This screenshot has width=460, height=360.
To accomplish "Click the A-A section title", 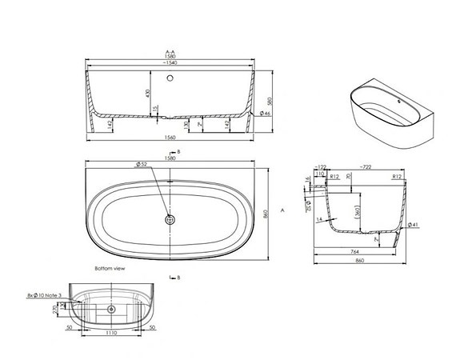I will [171, 50].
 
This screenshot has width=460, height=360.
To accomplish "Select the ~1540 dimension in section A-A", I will [171, 62].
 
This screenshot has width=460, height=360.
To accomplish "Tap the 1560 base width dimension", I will [171, 138].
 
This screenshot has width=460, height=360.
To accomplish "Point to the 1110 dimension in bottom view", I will [110, 338].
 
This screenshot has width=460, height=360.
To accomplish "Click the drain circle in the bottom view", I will [110, 308].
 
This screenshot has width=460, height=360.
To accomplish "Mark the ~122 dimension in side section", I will [322, 168].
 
